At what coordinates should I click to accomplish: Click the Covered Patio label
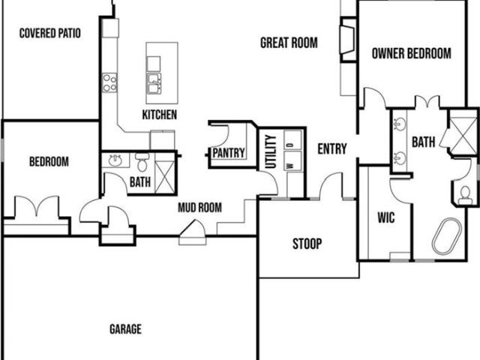50,33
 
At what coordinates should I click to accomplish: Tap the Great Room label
289,43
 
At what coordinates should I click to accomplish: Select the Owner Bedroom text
412,53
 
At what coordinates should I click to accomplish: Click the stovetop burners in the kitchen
109,82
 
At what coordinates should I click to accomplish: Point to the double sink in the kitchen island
154,83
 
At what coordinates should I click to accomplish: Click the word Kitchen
160,115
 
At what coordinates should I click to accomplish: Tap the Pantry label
229,153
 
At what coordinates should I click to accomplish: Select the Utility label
271,151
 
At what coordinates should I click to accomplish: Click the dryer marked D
292,140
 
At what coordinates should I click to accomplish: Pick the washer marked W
292,161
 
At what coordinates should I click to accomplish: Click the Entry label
332,149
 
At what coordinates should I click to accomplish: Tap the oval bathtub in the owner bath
447,236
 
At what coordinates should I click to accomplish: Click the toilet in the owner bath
465,195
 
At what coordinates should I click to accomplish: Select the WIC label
386,217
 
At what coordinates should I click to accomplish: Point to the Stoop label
307,244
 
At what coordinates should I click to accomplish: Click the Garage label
125,329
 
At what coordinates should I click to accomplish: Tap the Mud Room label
200,208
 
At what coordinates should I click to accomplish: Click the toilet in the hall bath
142,162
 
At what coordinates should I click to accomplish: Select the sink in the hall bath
115,160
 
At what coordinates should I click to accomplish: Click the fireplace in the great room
348,40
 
